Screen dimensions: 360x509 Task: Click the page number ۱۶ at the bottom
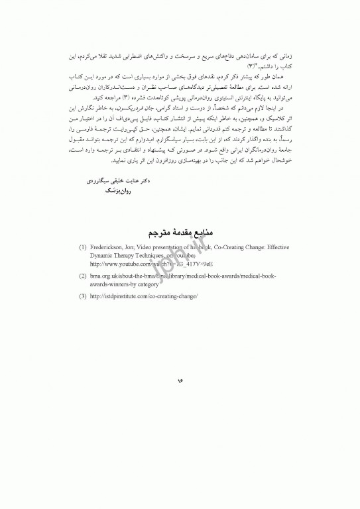(x=180, y=382)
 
